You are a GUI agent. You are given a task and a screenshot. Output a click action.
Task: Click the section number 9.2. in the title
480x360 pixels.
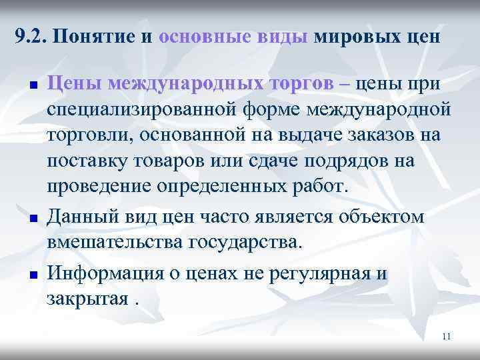tap(29, 35)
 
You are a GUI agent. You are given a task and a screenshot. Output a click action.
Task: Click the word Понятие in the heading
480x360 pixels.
tap(95, 35)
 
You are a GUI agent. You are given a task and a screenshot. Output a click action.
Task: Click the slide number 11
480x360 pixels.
tap(447, 337)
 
